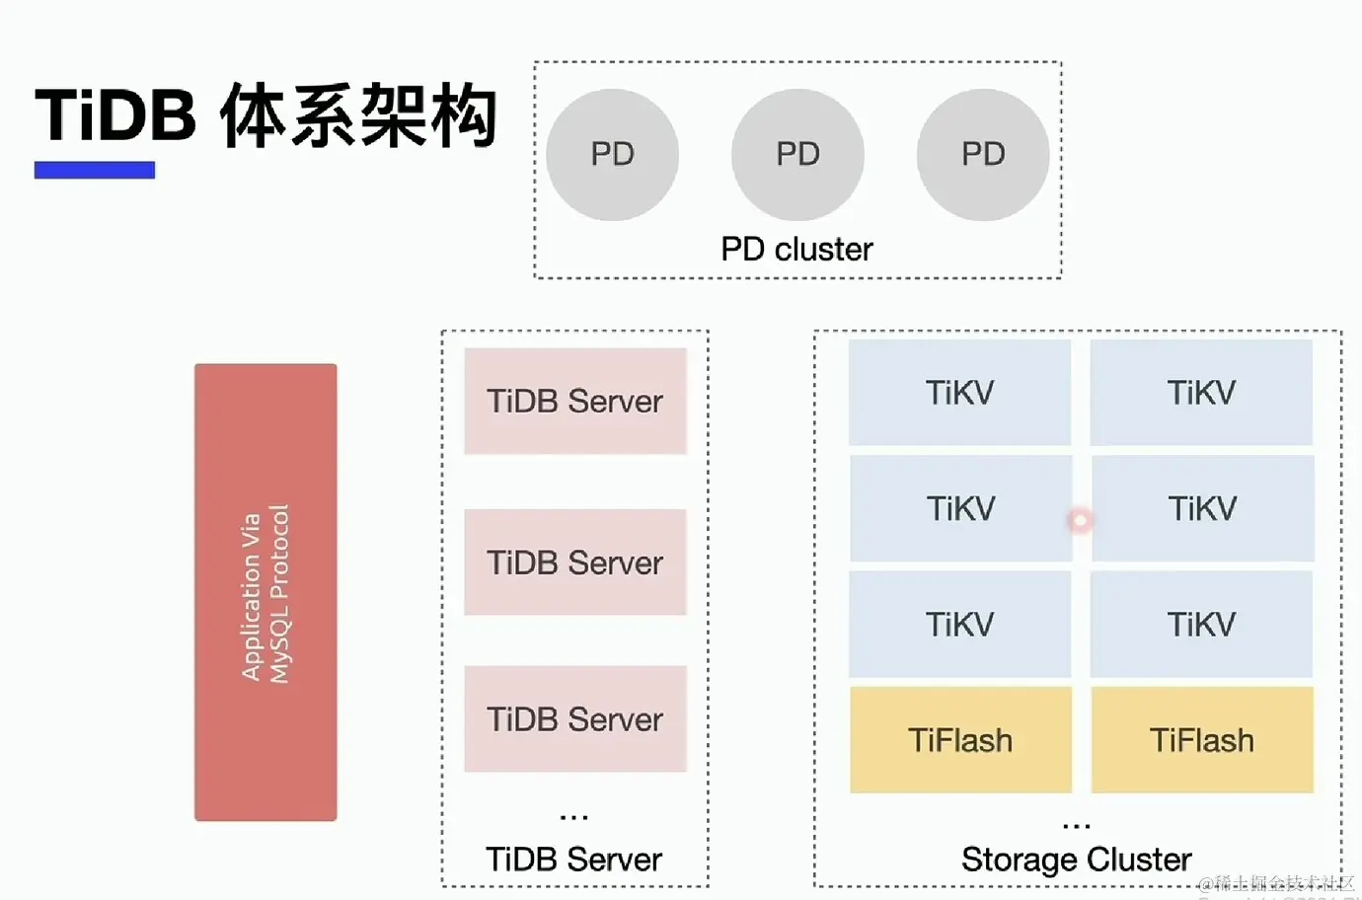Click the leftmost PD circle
click(612, 155)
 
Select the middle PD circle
click(797, 155)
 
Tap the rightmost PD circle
click(983, 155)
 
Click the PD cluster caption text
click(796, 249)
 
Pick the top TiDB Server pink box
click(575, 401)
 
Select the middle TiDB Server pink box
click(575, 562)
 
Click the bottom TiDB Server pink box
click(575, 718)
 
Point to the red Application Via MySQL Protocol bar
click(265, 592)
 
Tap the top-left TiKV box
click(959, 393)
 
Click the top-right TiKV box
click(1201, 393)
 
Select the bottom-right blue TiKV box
click(1201, 624)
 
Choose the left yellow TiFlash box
click(960, 740)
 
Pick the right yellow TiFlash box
click(1202, 740)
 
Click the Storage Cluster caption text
click(1076, 860)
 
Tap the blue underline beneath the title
click(95, 170)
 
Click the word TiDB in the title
click(115, 115)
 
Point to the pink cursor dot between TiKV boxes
click(1081, 520)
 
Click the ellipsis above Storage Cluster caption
click(1076, 824)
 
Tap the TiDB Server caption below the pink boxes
click(573, 860)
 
